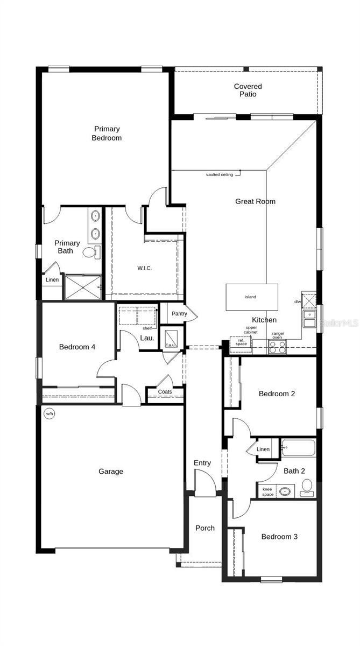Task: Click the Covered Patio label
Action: tap(248, 90)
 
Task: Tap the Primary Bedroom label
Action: tap(107, 133)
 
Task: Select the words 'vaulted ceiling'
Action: tap(220, 174)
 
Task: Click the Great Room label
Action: tap(255, 201)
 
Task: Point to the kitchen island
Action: tap(251, 297)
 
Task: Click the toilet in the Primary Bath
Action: tap(91, 252)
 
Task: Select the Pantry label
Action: tap(179, 313)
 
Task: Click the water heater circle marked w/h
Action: tap(49, 413)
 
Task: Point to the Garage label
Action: tap(110, 472)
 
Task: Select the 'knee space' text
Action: tap(267, 491)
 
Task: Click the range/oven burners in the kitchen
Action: tap(277, 347)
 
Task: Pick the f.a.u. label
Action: tap(171, 345)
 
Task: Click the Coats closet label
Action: tap(165, 391)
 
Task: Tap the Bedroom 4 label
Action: tap(77, 347)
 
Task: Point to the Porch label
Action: tap(204, 528)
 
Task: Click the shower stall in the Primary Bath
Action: tap(82, 287)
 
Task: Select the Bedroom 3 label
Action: tap(279, 537)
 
